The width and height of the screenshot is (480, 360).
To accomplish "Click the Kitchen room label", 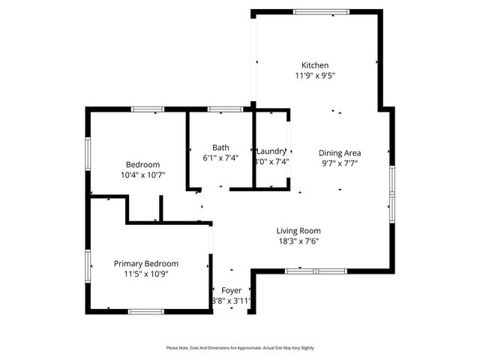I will (x=315, y=65).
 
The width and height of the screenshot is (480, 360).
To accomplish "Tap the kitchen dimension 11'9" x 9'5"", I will (x=315, y=75).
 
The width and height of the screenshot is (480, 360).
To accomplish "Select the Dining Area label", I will (x=340, y=153).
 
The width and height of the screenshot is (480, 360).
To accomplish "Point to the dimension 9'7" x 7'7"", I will (x=340, y=163).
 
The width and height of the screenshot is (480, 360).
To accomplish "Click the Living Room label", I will (x=298, y=231).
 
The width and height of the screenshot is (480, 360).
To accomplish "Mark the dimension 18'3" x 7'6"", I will (x=298, y=241).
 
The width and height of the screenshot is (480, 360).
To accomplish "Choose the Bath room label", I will (x=220, y=148).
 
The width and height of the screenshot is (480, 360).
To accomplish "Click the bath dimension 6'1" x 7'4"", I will (x=220, y=158).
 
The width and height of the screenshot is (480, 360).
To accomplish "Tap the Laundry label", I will (x=271, y=151).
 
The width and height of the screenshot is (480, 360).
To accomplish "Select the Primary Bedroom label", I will (x=146, y=263).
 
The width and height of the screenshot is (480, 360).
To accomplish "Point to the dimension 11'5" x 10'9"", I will (x=146, y=274).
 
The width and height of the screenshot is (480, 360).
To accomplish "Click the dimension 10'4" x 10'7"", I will (x=142, y=175).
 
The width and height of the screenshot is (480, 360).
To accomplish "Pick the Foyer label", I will (x=231, y=290).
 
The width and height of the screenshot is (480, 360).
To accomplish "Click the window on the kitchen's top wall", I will (x=321, y=11).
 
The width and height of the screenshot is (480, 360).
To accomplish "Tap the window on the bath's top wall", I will (x=220, y=110).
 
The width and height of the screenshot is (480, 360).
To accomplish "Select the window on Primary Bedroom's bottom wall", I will (x=146, y=311).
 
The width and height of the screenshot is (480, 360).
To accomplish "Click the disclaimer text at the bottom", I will (x=240, y=348).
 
